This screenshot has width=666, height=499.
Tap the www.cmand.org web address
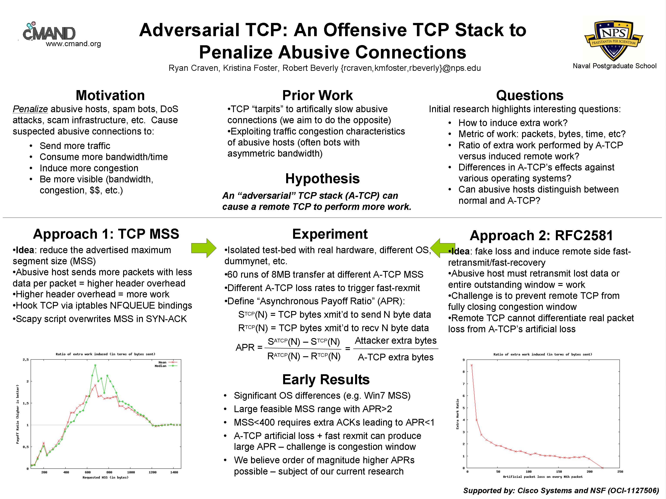coord(73,44)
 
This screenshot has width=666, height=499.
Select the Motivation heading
coord(110,95)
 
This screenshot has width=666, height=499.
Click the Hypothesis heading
coord(322,179)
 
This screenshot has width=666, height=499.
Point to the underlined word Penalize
coord(30,109)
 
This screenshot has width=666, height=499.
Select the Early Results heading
coord(326,380)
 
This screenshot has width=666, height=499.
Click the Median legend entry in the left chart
coord(166,366)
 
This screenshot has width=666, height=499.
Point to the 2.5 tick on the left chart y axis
coord(26,360)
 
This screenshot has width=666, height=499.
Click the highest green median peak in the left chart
coord(95,365)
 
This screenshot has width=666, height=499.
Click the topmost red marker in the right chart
coord(472,365)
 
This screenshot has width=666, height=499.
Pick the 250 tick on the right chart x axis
coord(620,472)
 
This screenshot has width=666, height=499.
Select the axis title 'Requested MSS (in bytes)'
coord(105,477)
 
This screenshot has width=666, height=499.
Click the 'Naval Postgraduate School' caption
coord(615,66)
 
